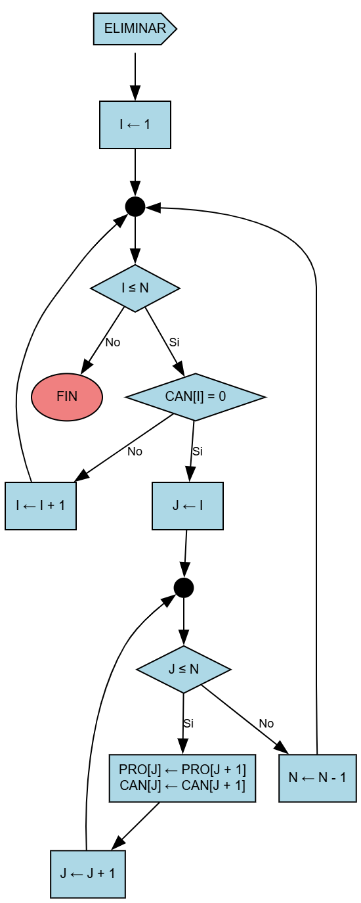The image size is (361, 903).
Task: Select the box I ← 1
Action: [x=135, y=125]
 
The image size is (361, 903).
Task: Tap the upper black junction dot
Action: [x=135, y=206]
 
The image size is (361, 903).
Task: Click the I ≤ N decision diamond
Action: [x=135, y=288]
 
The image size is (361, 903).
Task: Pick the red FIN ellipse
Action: [x=67, y=396]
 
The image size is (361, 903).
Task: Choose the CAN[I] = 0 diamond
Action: [x=195, y=396]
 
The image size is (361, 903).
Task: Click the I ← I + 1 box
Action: [x=41, y=505]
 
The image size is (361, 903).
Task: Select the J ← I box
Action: [x=188, y=505]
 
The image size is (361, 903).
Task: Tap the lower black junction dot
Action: [x=184, y=587]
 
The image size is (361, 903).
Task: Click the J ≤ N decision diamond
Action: [x=184, y=669]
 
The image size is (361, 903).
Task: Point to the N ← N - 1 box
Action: [x=318, y=777]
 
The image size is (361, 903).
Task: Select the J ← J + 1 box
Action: [x=88, y=873]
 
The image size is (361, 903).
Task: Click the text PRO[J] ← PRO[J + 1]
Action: [x=182, y=770]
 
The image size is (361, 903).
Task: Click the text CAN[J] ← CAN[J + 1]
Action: [x=182, y=785]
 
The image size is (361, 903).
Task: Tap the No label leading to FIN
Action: [x=113, y=342]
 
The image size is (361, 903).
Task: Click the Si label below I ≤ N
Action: [x=174, y=342]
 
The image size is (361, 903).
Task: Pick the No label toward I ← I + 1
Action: [x=135, y=451]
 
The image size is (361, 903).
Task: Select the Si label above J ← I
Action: [x=198, y=451]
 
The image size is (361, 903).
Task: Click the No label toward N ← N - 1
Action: [x=266, y=724]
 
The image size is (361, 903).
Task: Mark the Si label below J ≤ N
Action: [x=188, y=724]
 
